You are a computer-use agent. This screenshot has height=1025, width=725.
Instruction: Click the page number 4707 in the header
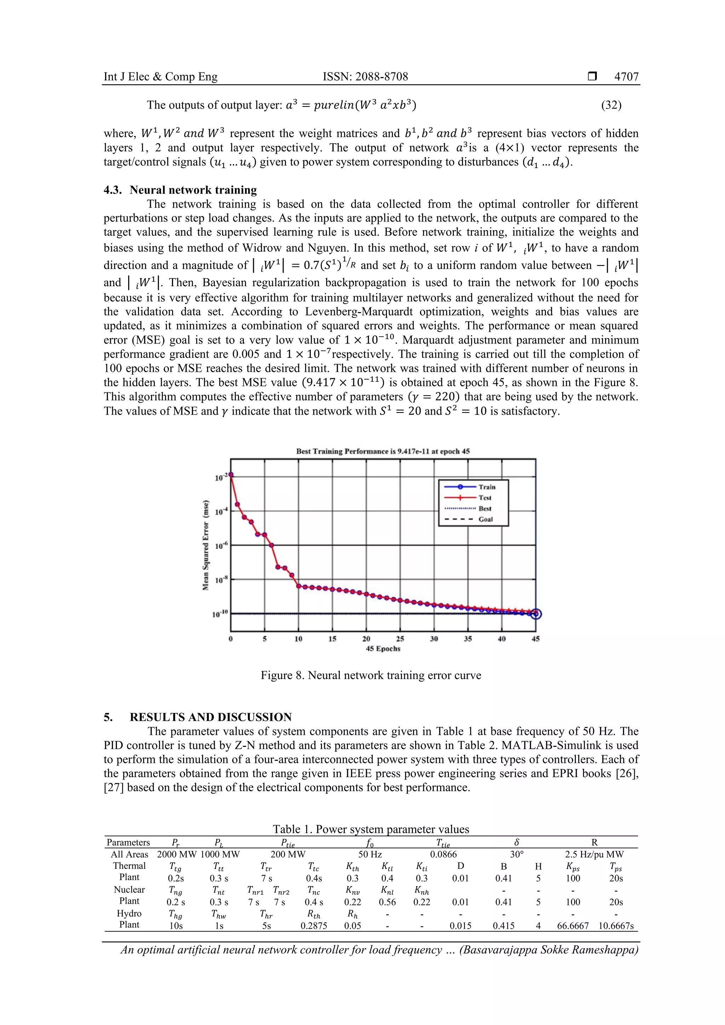(x=626, y=77)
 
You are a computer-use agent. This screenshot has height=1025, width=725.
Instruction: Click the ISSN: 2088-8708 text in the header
(x=365, y=77)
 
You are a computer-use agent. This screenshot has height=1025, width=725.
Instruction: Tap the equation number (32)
(x=611, y=105)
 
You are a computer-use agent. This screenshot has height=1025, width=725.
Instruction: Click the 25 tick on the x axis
(x=400, y=639)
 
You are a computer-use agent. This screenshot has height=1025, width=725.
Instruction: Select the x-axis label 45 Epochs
(x=383, y=649)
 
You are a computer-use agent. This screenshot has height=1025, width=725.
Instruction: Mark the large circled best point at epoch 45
(x=536, y=614)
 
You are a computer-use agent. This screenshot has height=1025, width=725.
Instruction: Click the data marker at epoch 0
(x=231, y=475)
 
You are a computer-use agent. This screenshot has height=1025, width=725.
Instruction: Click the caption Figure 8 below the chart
(x=371, y=675)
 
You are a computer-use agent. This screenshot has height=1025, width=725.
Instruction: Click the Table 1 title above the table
(x=371, y=829)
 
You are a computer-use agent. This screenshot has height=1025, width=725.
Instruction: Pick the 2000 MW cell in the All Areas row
(x=177, y=854)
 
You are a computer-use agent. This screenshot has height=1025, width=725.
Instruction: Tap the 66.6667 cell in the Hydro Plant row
(x=573, y=926)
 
